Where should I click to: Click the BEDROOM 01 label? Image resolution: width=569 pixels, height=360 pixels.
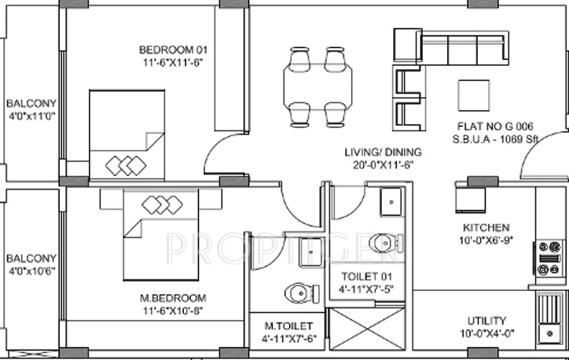(x=173, y=49)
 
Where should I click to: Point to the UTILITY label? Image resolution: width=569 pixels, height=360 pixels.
(x=486, y=320)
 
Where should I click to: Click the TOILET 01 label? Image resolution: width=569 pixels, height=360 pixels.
(x=367, y=276)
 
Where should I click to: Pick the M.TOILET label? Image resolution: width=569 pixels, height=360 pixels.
(x=288, y=326)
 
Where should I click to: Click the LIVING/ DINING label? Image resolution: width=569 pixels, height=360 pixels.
(x=383, y=152)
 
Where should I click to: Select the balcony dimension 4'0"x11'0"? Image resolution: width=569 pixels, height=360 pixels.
(x=31, y=116)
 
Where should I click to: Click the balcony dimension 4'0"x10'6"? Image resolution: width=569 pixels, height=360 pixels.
(x=31, y=271)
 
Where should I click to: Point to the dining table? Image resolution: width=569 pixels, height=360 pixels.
(x=317, y=86)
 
